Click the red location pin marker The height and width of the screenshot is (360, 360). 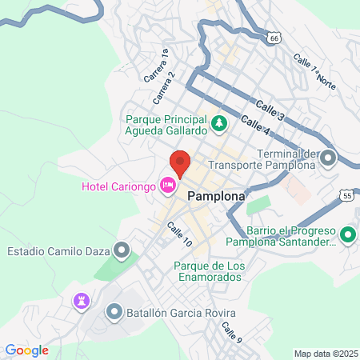pos(180,163)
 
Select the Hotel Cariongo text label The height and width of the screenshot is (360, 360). pos(120,186)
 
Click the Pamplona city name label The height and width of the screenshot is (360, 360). pos(216,194)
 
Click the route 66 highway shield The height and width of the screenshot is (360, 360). pos(274,38)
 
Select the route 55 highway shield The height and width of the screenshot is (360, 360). pos(346,194)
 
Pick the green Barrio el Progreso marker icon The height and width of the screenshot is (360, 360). pos(347,235)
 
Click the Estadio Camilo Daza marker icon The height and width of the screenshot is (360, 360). pos(122,251)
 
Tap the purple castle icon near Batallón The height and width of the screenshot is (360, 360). pos(80,301)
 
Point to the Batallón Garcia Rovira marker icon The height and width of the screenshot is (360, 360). pos(114,311)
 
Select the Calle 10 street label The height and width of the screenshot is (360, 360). pos(179,234)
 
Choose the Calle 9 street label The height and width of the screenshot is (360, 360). pos(231,331)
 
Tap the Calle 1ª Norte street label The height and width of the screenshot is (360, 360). pos(314,70)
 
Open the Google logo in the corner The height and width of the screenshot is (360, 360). pos(26,350)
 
